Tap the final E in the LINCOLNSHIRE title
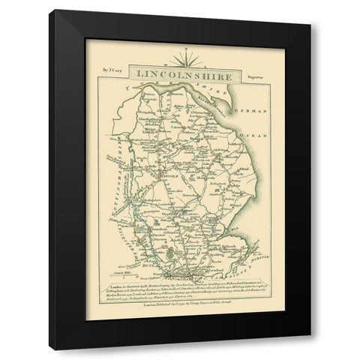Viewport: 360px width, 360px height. coord(230,74)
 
